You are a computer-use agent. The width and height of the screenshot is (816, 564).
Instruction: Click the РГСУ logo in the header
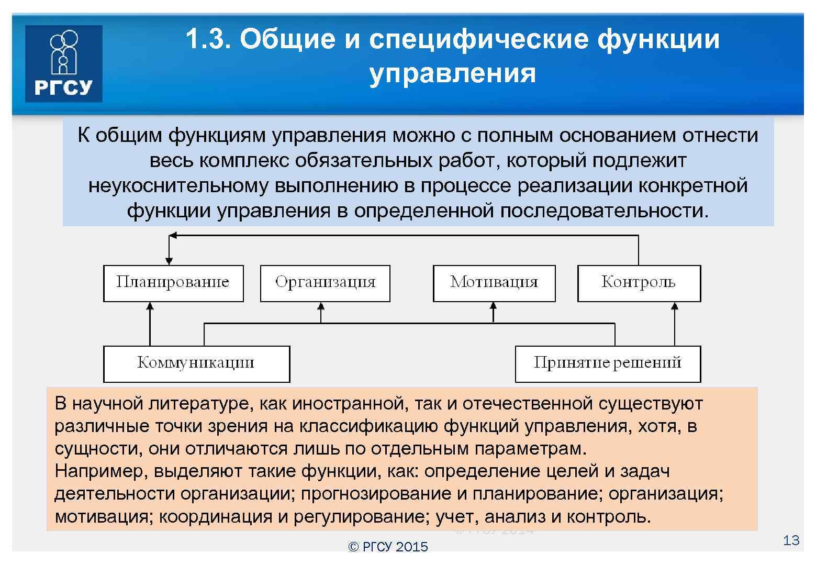[63, 63]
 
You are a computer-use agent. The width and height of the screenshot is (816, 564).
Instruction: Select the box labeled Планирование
[173, 283]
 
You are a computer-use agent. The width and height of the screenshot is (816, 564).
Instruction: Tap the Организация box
[325, 283]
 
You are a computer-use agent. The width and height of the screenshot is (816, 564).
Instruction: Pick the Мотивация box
[494, 283]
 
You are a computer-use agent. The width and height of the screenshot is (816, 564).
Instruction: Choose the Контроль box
[639, 283]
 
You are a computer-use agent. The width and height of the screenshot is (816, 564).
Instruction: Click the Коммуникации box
[196, 363]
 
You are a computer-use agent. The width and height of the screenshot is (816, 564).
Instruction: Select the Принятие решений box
[607, 363]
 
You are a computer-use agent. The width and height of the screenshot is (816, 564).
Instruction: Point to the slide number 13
[791, 540]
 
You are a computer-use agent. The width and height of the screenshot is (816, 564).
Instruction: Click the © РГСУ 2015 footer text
[388, 547]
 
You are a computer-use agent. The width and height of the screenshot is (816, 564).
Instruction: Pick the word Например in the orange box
[100, 471]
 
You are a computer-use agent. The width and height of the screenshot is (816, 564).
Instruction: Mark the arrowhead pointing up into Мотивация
[493, 306]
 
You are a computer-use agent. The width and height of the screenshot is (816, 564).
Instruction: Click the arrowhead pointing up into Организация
[321, 306]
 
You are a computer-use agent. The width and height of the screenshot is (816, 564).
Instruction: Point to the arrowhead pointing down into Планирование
[169, 260]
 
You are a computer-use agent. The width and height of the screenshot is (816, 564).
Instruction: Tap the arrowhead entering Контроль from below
[675, 306]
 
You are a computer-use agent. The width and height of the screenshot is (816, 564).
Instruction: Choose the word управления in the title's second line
[452, 73]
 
